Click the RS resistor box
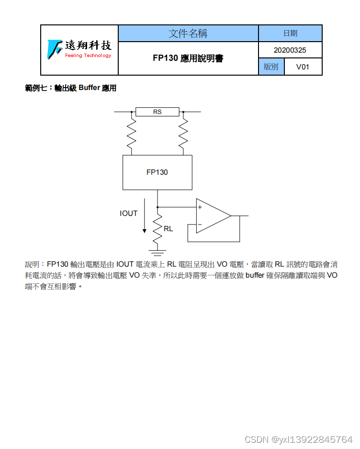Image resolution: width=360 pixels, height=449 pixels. [157, 112]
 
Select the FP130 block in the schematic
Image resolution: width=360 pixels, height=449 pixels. [157, 172]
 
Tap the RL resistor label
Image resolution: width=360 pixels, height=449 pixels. [168, 229]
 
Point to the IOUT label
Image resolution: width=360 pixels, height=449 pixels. [128, 213]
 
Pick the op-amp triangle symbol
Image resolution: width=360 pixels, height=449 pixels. [213, 216]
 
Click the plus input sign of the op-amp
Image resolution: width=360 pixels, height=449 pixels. [200, 207]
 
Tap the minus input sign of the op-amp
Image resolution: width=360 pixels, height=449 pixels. [200, 224]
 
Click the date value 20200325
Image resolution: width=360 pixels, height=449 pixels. [290, 50]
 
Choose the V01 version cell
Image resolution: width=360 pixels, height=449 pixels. [303, 67]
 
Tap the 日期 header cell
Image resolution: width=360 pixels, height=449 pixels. [290, 34]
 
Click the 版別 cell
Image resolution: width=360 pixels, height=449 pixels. [271, 67]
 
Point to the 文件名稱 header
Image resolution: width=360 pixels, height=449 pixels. [188, 34]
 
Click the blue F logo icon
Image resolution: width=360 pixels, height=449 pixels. [55, 48]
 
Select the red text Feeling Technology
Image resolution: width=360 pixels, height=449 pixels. [88, 56]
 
